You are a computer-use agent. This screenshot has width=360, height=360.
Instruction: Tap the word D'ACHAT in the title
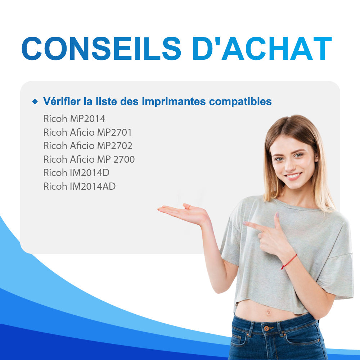(x=262, y=49)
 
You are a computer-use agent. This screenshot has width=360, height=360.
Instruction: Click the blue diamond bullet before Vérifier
(x=35, y=101)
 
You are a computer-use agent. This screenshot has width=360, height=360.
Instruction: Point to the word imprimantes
(x=174, y=102)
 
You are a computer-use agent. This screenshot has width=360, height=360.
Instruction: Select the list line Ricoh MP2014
(x=74, y=119)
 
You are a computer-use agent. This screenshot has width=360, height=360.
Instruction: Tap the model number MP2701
(x=114, y=132)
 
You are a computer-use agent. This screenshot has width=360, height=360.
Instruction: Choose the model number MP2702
(x=114, y=145)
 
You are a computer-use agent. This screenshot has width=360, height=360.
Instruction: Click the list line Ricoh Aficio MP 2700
(x=89, y=159)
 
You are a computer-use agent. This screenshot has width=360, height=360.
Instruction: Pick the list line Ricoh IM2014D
(x=76, y=173)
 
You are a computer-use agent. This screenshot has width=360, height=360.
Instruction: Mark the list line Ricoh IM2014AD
(x=80, y=186)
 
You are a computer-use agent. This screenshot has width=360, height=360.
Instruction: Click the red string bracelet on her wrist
(x=289, y=262)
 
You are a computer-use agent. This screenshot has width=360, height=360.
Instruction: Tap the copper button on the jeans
(x=266, y=328)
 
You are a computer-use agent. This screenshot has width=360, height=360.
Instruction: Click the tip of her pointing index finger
(x=244, y=223)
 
